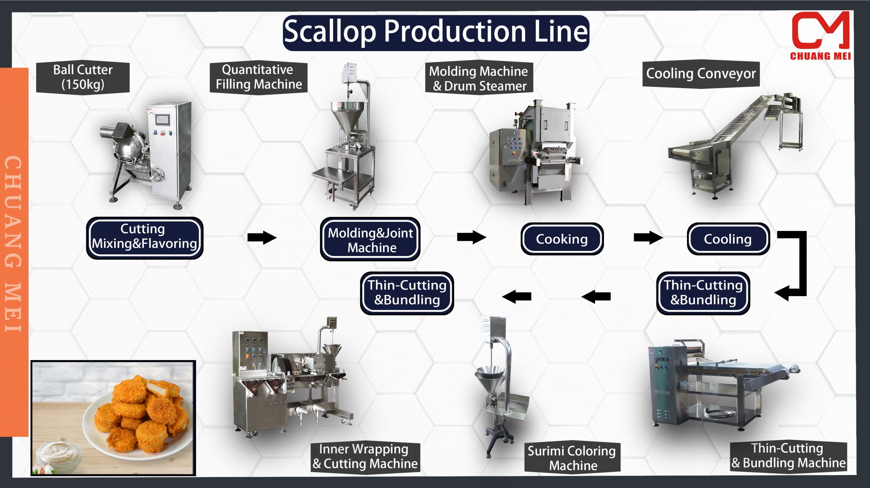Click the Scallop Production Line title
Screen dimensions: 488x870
point(436,32)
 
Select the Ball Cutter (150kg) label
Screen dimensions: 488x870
point(83,77)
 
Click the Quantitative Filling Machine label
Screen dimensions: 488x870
point(258,77)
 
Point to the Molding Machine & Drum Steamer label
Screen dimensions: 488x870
point(479,79)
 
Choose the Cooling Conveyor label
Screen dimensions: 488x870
point(701,74)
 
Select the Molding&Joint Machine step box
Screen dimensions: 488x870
point(370,240)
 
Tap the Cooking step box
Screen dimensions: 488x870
point(562,239)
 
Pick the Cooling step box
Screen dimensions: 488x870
point(728,239)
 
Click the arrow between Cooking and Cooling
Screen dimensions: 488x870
point(648,237)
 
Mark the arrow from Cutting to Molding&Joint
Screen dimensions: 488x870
point(262,237)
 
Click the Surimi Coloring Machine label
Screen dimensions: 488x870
point(572,458)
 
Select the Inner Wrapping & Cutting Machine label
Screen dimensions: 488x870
point(365,456)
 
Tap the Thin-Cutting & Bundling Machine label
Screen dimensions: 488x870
point(788,456)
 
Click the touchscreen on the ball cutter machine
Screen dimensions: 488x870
point(162,120)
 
